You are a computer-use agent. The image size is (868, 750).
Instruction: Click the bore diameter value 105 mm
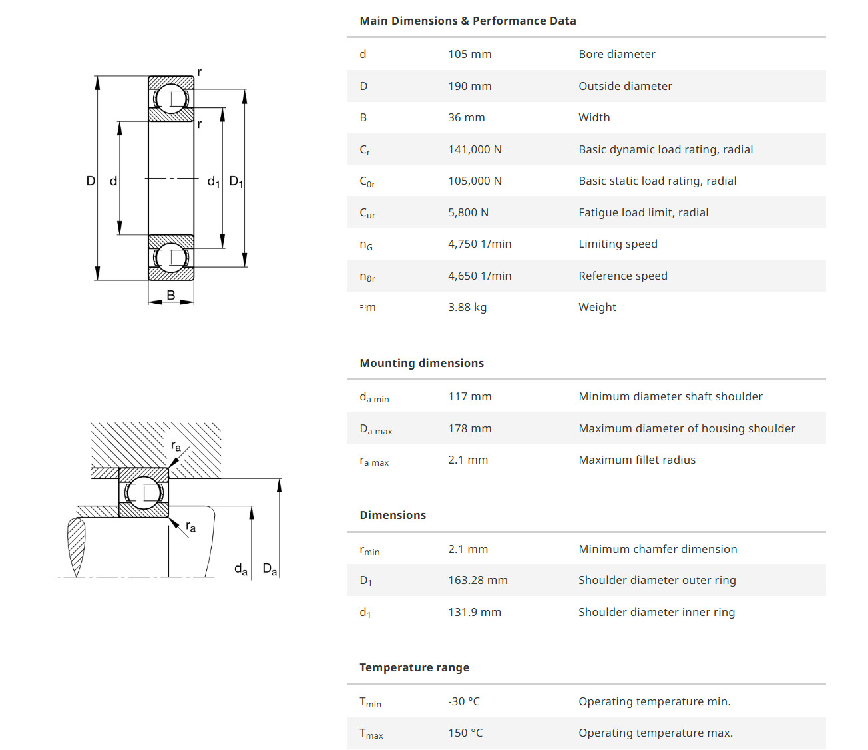click(469, 54)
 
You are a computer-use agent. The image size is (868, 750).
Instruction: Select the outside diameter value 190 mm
click(469, 86)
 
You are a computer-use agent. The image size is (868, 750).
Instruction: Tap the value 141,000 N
click(475, 149)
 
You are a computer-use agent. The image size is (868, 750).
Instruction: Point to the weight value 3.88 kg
click(467, 307)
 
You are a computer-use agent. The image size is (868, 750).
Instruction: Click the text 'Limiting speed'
click(618, 244)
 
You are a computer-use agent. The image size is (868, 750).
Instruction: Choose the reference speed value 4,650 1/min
click(479, 276)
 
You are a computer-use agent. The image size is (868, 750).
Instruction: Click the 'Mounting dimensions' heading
click(421, 363)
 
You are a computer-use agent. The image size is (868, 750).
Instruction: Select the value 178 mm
click(469, 428)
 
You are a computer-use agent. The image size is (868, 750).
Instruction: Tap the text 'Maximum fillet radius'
click(636, 460)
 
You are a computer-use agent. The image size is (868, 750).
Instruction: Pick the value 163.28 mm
click(477, 580)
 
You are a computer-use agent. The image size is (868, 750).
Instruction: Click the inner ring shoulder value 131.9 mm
click(474, 612)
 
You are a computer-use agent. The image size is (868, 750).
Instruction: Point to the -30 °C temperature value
click(463, 701)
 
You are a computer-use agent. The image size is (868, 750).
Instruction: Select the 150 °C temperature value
click(465, 733)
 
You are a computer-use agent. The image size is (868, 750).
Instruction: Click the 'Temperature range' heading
click(414, 667)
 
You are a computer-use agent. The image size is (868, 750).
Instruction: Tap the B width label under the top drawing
click(171, 295)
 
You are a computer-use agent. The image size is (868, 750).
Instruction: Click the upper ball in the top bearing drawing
click(171, 99)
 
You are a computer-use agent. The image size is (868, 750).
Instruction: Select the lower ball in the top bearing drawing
click(171, 258)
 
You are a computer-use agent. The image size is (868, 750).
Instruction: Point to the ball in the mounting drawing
click(144, 493)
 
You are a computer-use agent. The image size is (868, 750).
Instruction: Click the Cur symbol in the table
click(367, 213)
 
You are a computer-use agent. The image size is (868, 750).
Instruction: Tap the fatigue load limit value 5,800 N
click(468, 212)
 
